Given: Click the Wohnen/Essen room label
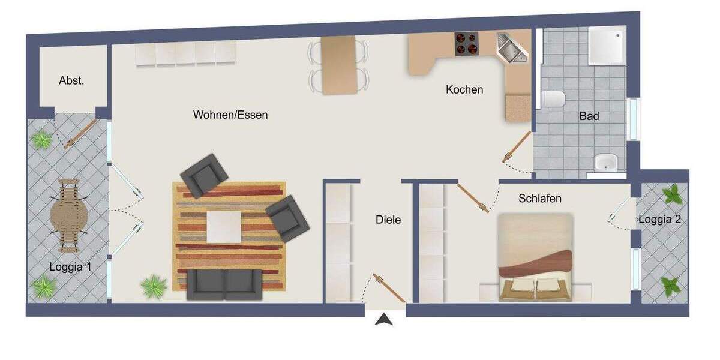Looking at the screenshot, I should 230,115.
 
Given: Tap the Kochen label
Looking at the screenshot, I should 464,89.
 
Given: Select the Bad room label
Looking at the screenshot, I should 589,116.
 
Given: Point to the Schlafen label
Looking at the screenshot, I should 540,198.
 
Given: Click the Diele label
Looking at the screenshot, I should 388,220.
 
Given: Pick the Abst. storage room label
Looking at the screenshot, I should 71,80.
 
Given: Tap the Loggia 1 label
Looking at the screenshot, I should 70,267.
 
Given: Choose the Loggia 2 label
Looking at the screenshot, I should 659,219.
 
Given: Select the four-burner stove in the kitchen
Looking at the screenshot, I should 467,43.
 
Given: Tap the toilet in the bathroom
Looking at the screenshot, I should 553,99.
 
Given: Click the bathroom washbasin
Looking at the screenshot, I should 605,162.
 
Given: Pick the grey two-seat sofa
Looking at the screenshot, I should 225,284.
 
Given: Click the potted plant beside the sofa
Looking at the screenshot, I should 154,286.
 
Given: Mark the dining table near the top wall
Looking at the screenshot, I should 339,64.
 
